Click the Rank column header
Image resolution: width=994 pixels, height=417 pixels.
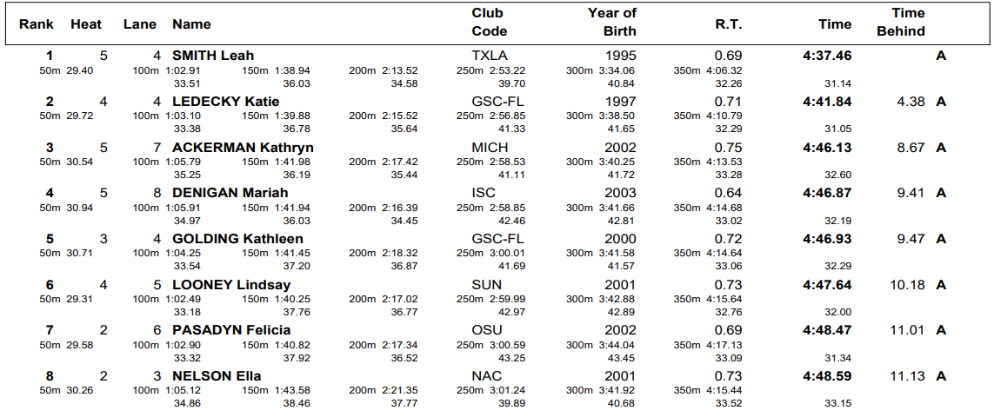[37, 24]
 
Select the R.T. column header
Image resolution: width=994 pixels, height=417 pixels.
[728, 24]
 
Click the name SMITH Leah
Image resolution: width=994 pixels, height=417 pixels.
[213, 56]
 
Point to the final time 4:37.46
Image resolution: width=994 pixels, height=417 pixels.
[827, 56]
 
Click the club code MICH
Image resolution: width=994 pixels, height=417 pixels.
[490, 148]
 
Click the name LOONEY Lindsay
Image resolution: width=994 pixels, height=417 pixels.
[231, 285]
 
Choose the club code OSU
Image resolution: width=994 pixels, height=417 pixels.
[487, 330]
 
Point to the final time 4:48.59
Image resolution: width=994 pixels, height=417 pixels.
[827, 376]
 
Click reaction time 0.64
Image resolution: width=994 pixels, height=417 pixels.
[727, 193]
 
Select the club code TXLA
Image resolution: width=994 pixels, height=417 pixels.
[490, 56]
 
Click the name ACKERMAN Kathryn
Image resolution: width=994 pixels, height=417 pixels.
[243, 148]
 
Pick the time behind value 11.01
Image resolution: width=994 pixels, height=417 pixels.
[907, 330]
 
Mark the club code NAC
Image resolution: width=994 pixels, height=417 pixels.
[487, 376]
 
